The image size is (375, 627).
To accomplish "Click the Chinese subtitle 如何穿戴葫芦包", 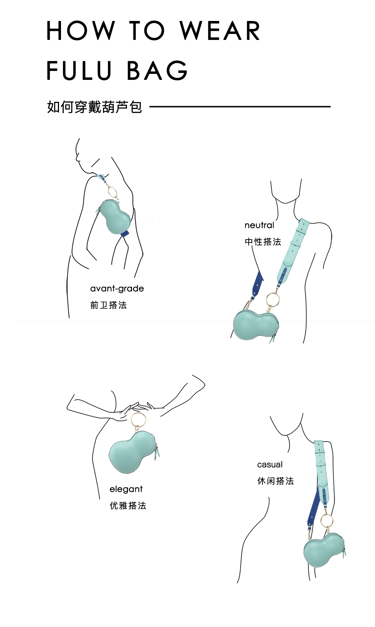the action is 94,107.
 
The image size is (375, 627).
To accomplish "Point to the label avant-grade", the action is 117,289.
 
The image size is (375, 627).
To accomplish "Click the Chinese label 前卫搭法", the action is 108,305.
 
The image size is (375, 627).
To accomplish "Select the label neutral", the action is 259,225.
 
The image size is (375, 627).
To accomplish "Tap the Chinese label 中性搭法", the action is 263,242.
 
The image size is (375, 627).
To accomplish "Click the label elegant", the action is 126,489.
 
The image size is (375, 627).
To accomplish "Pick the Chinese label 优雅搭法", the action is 128,506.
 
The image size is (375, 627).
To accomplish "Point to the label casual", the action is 270,465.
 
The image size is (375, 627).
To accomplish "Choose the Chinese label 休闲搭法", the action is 275,481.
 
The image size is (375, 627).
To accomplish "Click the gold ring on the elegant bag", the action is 138,420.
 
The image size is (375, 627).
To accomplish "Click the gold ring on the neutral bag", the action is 273,300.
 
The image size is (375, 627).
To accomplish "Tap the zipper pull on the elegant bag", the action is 157,453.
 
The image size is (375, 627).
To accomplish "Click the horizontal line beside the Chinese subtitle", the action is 240,107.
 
